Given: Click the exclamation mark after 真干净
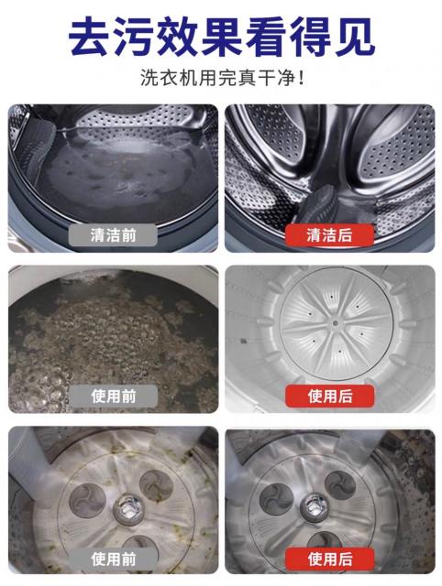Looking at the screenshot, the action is [301, 78].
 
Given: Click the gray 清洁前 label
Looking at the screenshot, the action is [113, 235].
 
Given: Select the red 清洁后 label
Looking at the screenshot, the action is [329, 235].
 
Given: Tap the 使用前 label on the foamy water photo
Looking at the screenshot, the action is [114, 396].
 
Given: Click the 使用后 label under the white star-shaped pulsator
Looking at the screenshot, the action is [330, 396].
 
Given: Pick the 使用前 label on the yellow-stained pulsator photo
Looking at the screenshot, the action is [114, 559].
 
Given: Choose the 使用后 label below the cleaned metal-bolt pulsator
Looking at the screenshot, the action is [330, 559].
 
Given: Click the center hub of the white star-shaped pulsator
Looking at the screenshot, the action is [335, 323].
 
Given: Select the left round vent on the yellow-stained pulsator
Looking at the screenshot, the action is [87, 501].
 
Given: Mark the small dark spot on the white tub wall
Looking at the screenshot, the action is [243, 341].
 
